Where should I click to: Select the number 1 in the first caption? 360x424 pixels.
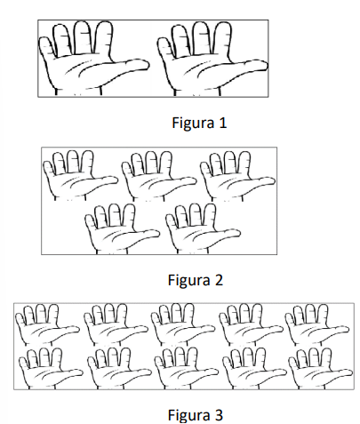pyautogui.click(x=223, y=123)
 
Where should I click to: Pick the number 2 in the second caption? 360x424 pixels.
pyautogui.click(x=219, y=280)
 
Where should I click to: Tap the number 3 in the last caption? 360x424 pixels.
pyautogui.click(x=219, y=414)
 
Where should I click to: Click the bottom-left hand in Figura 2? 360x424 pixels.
pyautogui.click(x=121, y=229)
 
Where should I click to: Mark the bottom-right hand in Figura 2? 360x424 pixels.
pyautogui.click(x=202, y=229)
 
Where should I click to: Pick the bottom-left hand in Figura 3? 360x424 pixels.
pyautogui.click(x=50, y=368)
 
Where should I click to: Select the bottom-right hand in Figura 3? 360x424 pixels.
pyautogui.click(x=319, y=368)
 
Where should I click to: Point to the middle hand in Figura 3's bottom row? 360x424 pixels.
pyautogui.click(x=185, y=368)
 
